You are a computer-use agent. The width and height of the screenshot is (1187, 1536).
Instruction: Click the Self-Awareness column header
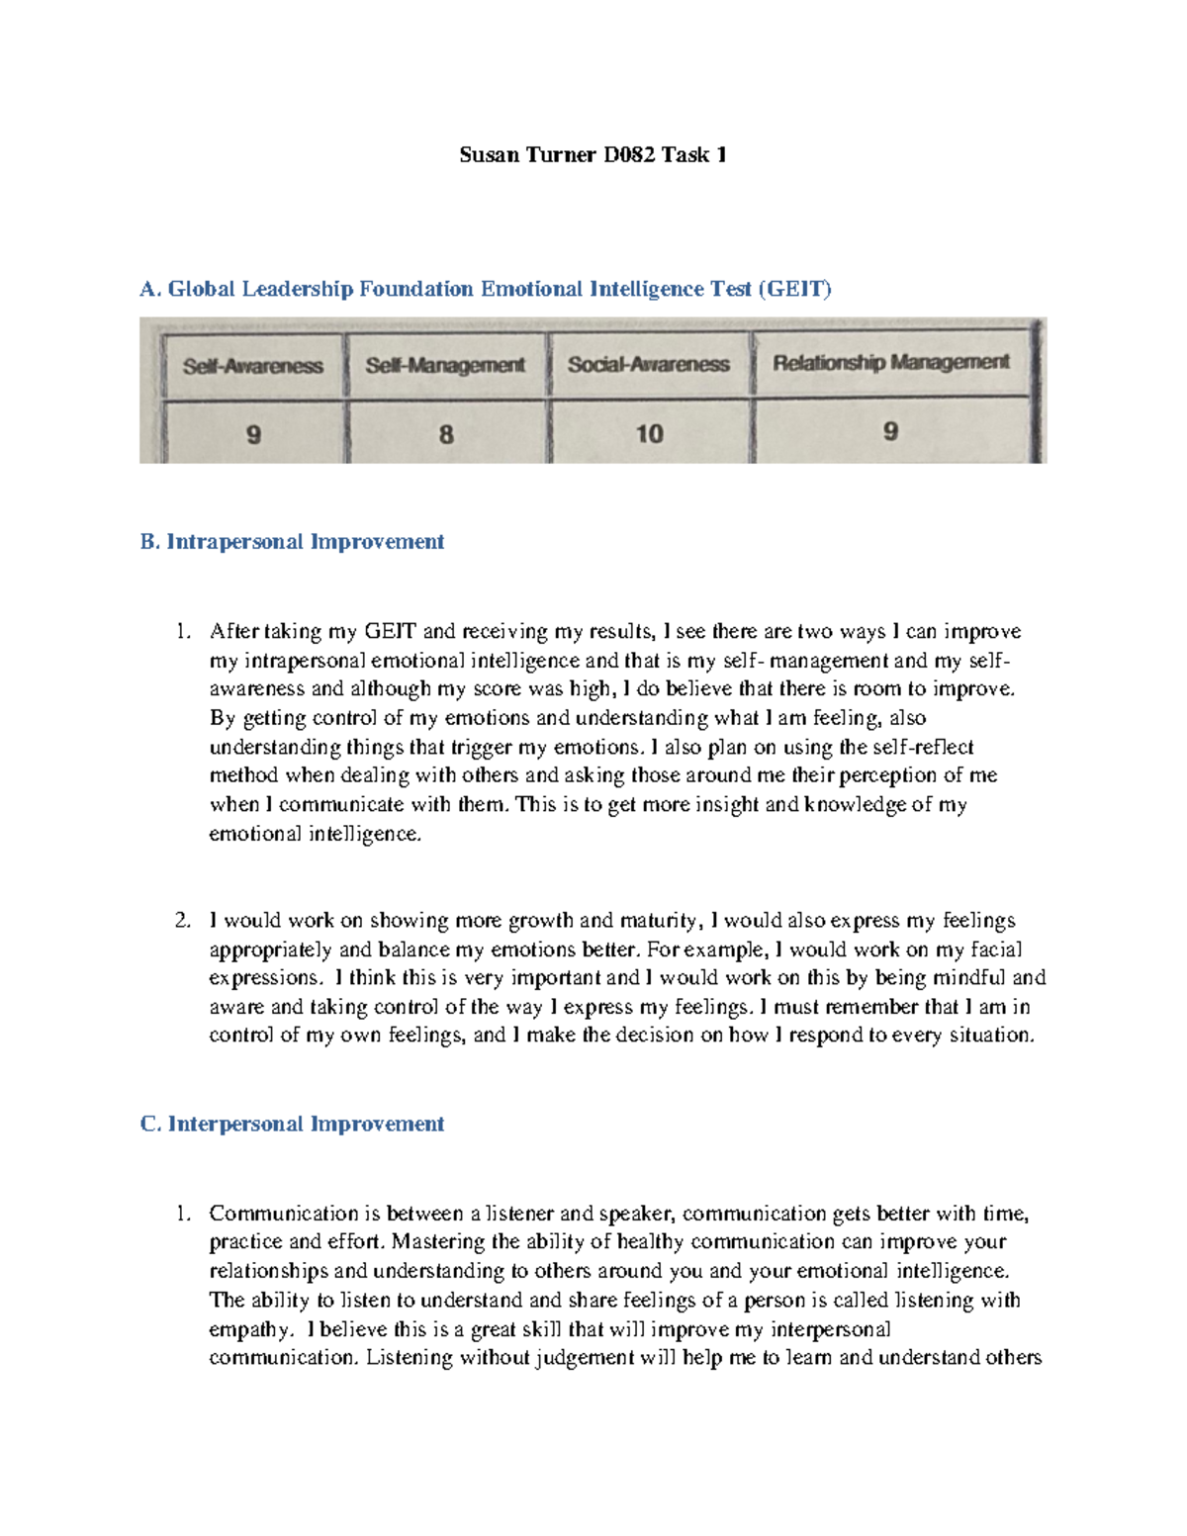(253, 366)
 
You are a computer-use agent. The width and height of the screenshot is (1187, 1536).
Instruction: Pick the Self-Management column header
(445, 365)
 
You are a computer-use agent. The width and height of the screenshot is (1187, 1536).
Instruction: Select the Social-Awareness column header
(648, 364)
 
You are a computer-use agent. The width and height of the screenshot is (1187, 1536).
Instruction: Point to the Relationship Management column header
(890, 363)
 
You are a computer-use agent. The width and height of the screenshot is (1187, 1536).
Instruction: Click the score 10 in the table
(649, 434)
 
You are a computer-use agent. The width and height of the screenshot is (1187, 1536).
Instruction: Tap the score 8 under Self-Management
(446, 434)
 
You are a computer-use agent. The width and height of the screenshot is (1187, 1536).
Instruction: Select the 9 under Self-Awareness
(254, 434)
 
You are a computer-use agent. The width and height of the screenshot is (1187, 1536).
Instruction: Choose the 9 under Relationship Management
(890, 432)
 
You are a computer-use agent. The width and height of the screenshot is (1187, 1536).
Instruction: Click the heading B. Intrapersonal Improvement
(292, 542)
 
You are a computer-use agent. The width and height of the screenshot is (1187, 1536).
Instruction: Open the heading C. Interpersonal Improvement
(292, 1125)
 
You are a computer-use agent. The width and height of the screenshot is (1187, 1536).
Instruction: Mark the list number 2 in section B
(182, 921)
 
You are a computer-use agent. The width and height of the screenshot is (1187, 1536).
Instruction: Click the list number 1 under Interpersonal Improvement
(182, 1214)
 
